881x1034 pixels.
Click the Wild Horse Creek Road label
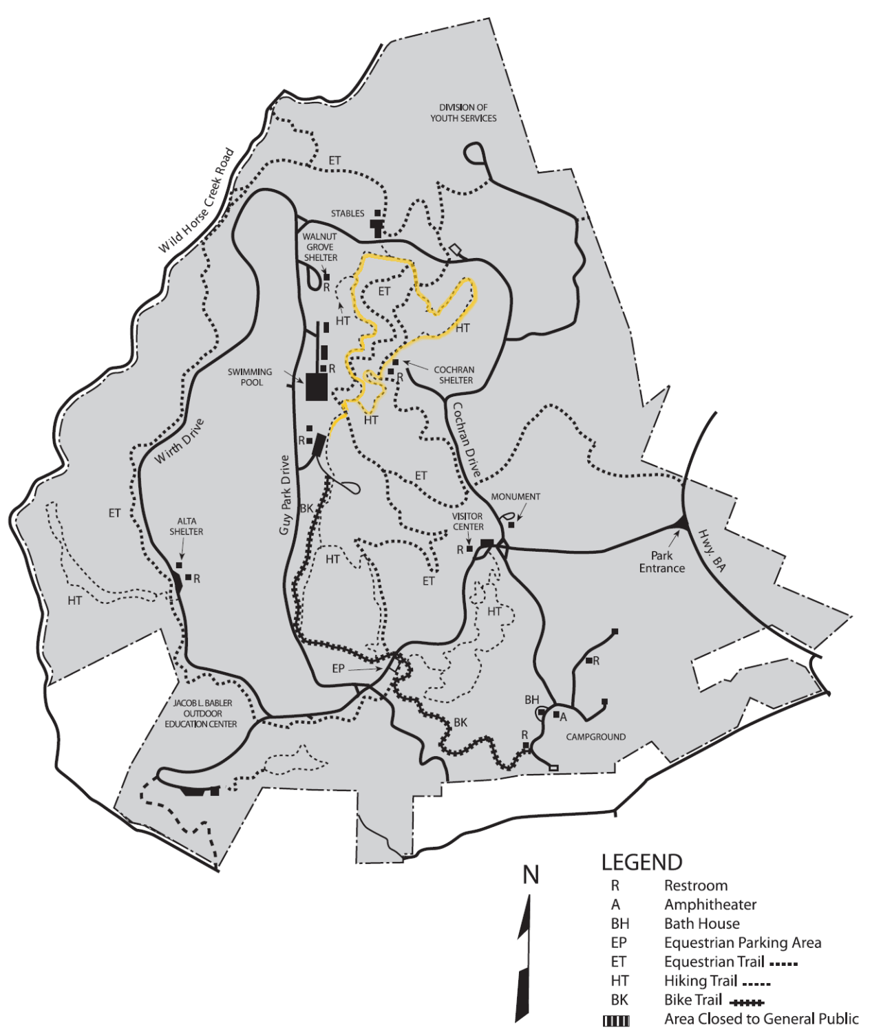(x=197, y=200)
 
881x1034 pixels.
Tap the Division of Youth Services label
(x=463, y=113)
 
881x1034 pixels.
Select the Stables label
(x=348, y=213)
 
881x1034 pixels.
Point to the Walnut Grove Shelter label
(x=320, y=247)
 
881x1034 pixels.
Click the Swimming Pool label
(x=251, y=377)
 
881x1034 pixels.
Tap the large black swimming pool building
(x=317, y=386)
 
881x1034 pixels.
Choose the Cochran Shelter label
(x=455, y=375)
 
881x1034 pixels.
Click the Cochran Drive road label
(x=466, y=440)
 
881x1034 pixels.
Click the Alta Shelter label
(x=186, y=526)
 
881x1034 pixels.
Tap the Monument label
(x=516, y=497)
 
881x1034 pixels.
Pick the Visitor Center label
(x=468, y=521)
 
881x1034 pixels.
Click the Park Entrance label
(x=661, y=562)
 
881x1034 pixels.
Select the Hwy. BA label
(x=712, y=550)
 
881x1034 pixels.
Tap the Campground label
(x=596, y=737)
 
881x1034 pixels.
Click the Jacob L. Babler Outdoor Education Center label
(x=202, y=713)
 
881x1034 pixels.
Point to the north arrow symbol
(x=525, y=956)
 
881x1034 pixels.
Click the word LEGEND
(x=641, y=863)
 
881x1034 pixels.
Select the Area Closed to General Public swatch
(x=616, y=1021)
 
